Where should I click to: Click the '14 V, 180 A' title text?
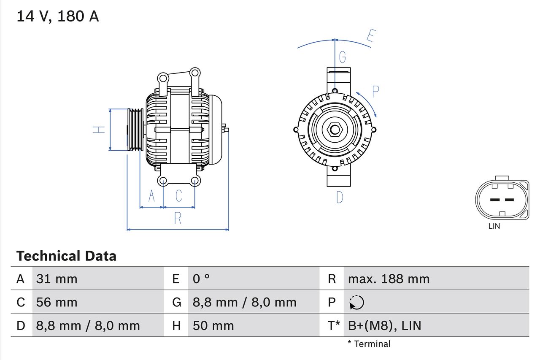pyautogui.click(x=58, y=16)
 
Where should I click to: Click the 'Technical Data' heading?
pyautogui.click(x=66, y=256)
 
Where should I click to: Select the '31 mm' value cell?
pyautogui.click(x=57, y=279)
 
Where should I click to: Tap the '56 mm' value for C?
pyautogui.click(x=57, y=302)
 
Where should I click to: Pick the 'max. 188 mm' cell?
pyautogui.click(x=389, y=279)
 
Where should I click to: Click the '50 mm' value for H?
pyautogui.click(x=213, y=325)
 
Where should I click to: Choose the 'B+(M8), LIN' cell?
pyautogui.click(x=384, y=325)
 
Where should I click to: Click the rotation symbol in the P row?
pyautogui.click(x=357, y=303)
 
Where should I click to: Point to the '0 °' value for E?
pyautogui.click(x=201, y=279)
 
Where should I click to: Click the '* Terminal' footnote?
pyautogui.click(x=369, y=344)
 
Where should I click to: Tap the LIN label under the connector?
pyautogui.click(x=494, y=226)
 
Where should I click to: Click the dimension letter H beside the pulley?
pyautogui.click(x=99, y=130)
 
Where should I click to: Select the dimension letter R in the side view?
pyautogui.click(x=178, y=218)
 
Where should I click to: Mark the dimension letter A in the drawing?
pyautogui.click(x=151, y=196)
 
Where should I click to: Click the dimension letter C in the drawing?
pyautogui.click(x=179, y=196)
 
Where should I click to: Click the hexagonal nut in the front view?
pyautogui.click(x=335, y=129)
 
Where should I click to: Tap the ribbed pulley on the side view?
pyautogui.click(x=135, y=130)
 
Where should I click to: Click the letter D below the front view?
pyautogui.click(x=340, y=197)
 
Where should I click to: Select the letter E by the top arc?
pyautogui.click(x=370, y=36)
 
